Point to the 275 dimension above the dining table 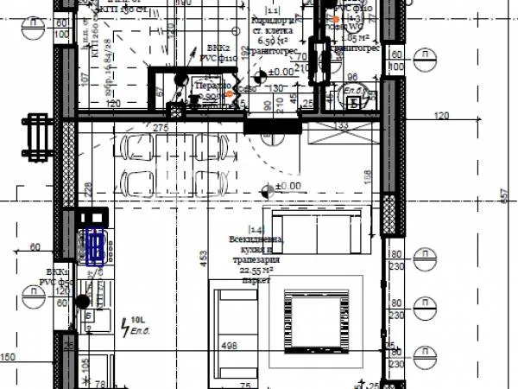coord(161,128)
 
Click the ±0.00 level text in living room coord(288,186)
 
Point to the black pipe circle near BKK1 coord(82,302)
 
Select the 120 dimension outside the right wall coord(442,115)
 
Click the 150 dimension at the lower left coord(9,357)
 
